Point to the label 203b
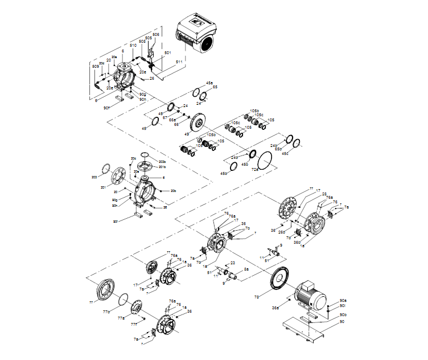click(162, 162)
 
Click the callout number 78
click(257, 297)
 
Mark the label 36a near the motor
click(275, 308)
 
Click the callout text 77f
click(134, 324)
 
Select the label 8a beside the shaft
click(246, 268)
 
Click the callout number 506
click(155, 35)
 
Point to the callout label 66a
click(172, 120)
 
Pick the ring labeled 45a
click(196, 92)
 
